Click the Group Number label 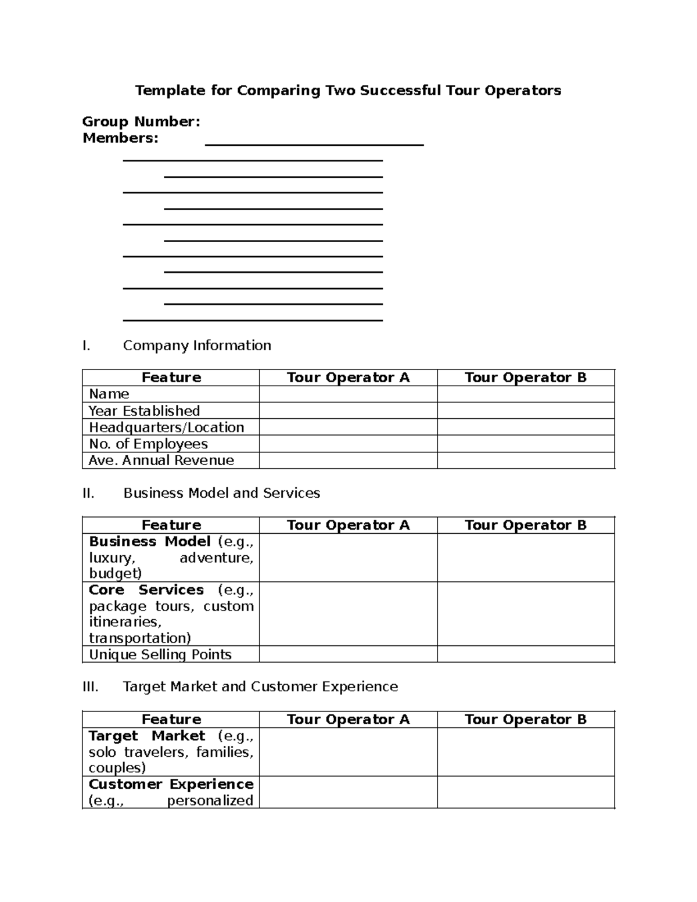(x=141, y=121)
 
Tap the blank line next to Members (x=314, y=142)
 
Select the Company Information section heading (x=197, y=346)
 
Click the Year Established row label (x=144, y=411)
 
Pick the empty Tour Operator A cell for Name (x=348, y=394)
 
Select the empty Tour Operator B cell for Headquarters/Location (x=526, y=427)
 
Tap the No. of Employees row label (x=148, y=444)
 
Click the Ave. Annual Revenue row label (x=161, y=461)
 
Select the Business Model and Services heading (x=221, y=493)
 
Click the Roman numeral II (x=88, y=493)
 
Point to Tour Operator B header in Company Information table (x=526, y=378)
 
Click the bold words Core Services (x=146, y=590)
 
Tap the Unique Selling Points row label (x=160, y=655)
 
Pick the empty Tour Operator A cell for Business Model (x=348, y=558)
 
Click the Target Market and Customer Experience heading (x=260, y=687)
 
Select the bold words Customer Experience (x=171, y=784)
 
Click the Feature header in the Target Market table (x=171, y=720)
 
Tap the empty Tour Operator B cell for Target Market (x=526, y=752)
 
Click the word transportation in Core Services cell (x=139, y=638)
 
